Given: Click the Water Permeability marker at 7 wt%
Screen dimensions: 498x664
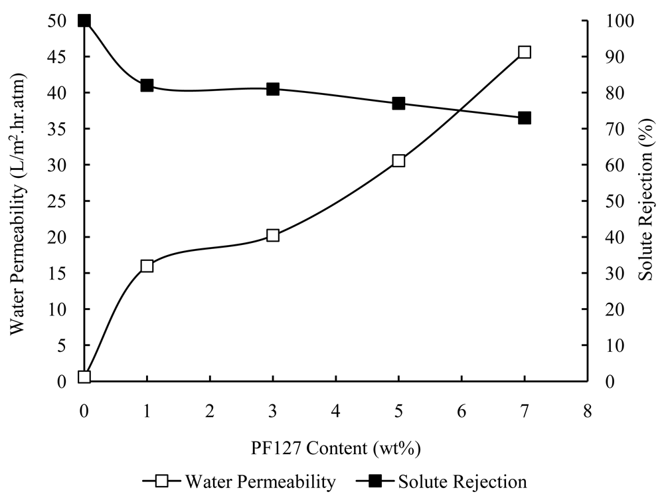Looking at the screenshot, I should (x=525, y=52).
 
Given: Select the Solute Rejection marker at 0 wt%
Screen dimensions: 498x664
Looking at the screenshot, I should (x=84, y=21).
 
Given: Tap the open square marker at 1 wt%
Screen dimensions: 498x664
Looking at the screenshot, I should (x=147, y=266).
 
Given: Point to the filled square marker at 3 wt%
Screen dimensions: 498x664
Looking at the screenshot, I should (x=273, y=89).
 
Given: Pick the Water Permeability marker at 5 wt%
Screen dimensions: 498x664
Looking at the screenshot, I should (x=398, y=161).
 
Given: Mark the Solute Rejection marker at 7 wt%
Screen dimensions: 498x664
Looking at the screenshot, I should (x=525, y=118).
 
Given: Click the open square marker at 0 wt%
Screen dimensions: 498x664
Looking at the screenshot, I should (x=84, y=376).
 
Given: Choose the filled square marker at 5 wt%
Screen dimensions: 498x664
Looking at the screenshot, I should (x=398, y=104).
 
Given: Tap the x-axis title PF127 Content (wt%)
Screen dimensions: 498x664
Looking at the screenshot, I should (x=335, y=448).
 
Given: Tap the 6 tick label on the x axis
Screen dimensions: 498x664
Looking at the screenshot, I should (x=461, y=412).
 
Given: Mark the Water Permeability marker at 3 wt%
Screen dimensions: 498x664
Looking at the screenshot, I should (x=273, y=235).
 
